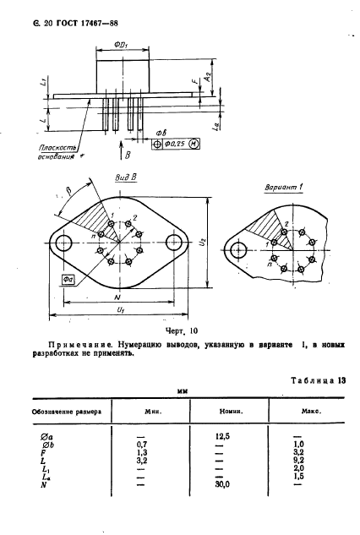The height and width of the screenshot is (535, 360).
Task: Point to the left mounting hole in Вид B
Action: (63, 243)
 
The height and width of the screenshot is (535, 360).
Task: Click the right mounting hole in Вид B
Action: (174, 243)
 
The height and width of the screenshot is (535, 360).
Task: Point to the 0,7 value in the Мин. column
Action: (143, 443)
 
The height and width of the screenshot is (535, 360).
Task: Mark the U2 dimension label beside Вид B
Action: (214, 243)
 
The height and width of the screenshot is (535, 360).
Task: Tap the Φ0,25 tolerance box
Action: (177, 145)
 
